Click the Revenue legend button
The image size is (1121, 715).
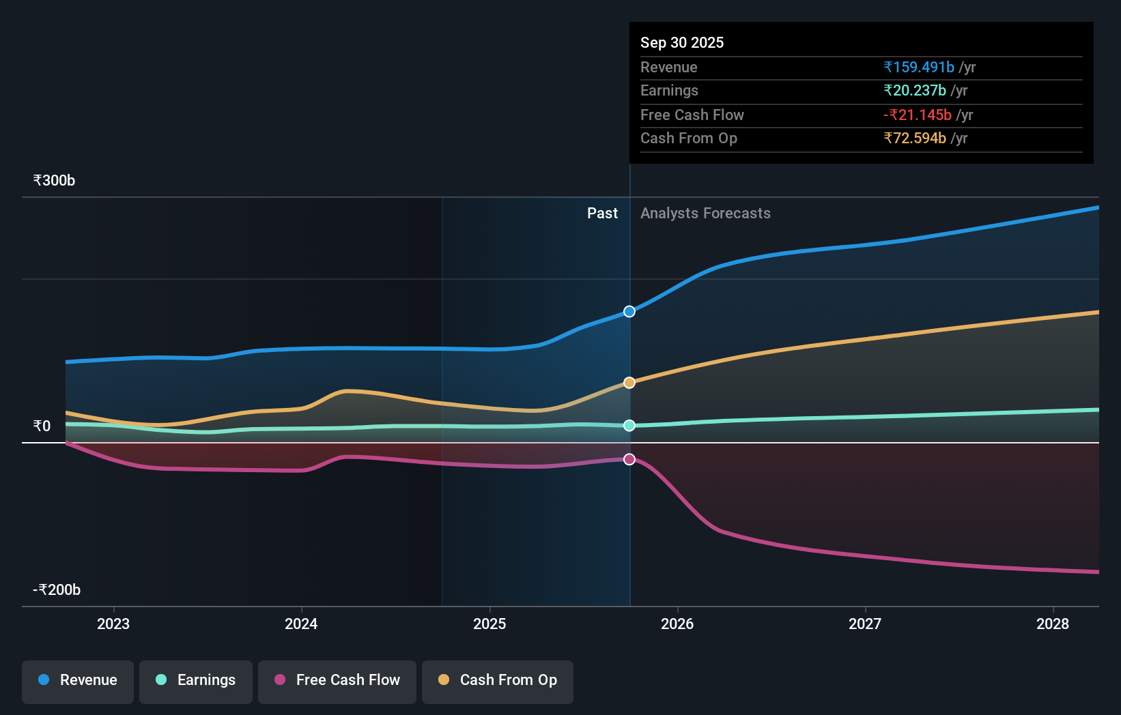click(x=78, y=681)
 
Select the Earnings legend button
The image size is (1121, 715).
click(x=196, y=681)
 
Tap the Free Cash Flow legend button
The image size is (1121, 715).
click(x=337, y=681)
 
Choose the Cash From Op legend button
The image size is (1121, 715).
click(x=498, y=681)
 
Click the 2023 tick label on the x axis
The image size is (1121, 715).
click(x=113, y=624)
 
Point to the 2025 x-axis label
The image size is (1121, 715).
click(x=489, y=624)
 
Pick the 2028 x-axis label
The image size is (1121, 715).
click(x=1052, y=624)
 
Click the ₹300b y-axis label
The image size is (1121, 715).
click(x=54, y=181)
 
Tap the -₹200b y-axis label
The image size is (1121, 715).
click(x=57, y=590)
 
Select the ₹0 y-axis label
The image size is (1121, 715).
click(x=42, y=426)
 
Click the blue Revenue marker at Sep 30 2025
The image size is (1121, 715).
click(x=629, y=312)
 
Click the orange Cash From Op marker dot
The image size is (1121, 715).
click(x=629, y=383)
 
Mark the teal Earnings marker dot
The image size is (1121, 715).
click(x=629, y=426)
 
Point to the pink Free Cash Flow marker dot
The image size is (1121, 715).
click(x=629, y=460)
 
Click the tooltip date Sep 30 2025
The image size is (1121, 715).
click(x=681, y=42)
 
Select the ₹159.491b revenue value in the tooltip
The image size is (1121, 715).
click(x=918, y=67)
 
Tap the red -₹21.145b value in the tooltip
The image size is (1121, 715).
click(x=917, y=115)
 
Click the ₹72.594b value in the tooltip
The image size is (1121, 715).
click(x=914, y=138)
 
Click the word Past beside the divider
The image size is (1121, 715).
click(x=602, y=214)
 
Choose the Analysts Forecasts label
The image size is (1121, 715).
click(x=705, y=214)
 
